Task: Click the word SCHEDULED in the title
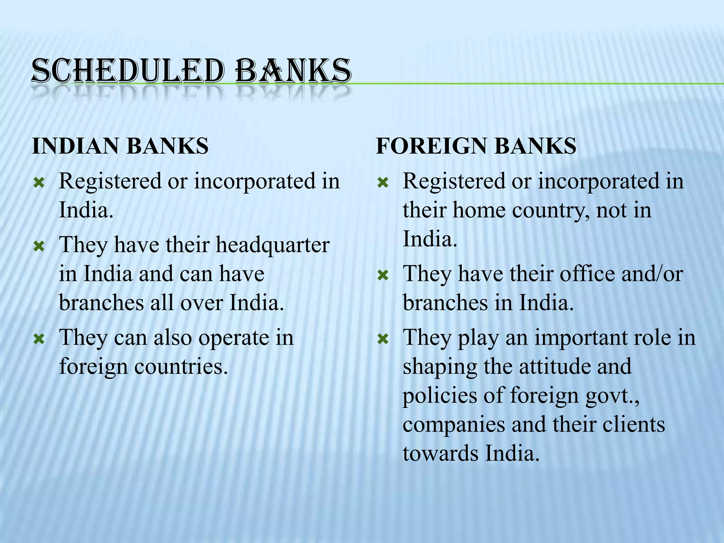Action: coord(127,72)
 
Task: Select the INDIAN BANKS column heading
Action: coord(120,146)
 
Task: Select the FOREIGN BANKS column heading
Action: coord(476,146)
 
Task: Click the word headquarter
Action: coord(273,245)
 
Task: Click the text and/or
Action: coord(652,274)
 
